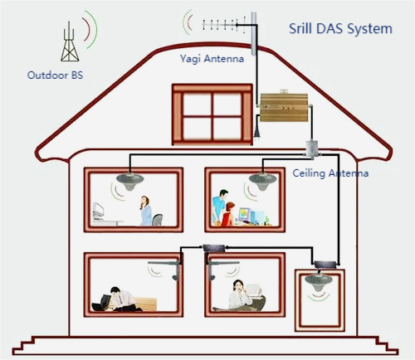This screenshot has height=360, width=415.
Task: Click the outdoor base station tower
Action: coord(70,43)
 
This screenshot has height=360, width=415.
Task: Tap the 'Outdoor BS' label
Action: coord(55,75)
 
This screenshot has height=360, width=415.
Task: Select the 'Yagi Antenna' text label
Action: coord(212,59)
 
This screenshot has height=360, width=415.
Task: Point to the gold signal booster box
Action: coord(284,107)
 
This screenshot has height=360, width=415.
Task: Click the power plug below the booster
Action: coord(257,133)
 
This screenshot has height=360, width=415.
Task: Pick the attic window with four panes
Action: coord(212,114)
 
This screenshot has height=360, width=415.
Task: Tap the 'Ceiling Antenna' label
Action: coord(330,173)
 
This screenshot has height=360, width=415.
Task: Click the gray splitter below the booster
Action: coord(312,149)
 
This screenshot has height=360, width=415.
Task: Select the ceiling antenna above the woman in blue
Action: coord(129,181)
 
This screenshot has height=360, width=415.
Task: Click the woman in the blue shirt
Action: coord(145,211)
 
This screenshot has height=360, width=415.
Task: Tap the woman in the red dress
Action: coord(227,215)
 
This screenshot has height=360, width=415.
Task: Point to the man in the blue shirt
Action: coord(218,207)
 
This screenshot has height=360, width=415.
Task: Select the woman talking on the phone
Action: coord(240,296)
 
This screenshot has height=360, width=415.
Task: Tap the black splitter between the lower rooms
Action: coord(215,248)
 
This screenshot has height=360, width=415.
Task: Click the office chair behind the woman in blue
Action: coord(157,220)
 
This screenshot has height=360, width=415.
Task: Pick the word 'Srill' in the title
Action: coord(300,28)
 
